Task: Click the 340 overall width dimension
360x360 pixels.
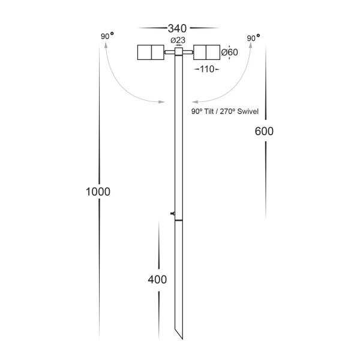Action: (x=178, y=28)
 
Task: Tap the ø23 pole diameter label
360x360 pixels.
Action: (x=178, y=40)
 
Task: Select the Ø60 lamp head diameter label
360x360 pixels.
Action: (x=230, y=53)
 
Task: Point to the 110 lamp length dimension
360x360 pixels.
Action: (x=207, y=70)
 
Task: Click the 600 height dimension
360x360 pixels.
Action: (x=264, y=132)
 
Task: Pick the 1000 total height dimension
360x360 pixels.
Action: (x=98, y=191)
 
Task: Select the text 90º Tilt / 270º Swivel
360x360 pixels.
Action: (x=224, y=112)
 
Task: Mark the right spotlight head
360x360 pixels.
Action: (x=206, y=53)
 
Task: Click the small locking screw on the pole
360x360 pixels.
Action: (x=173, y=213)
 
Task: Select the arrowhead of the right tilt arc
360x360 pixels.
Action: (x=194, y=103)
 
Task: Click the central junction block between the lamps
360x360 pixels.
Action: (x=178, y=52)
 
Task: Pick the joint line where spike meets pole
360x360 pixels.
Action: (x=178, y=221)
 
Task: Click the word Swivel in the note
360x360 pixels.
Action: (x=247, y=112)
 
